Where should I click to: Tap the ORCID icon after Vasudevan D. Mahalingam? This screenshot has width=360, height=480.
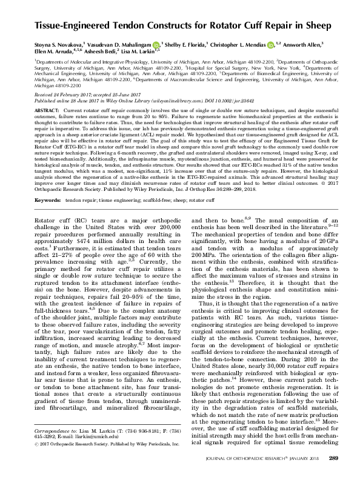(x=156, y=43)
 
